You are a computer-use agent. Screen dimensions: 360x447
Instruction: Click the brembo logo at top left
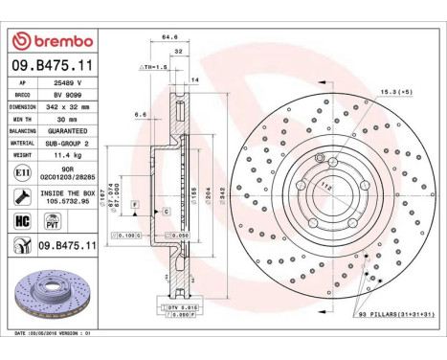coord(52,41)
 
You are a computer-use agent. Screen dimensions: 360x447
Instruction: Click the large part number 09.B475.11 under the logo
coord(53,64)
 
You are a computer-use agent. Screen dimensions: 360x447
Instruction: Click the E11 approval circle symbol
coord(22,171)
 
